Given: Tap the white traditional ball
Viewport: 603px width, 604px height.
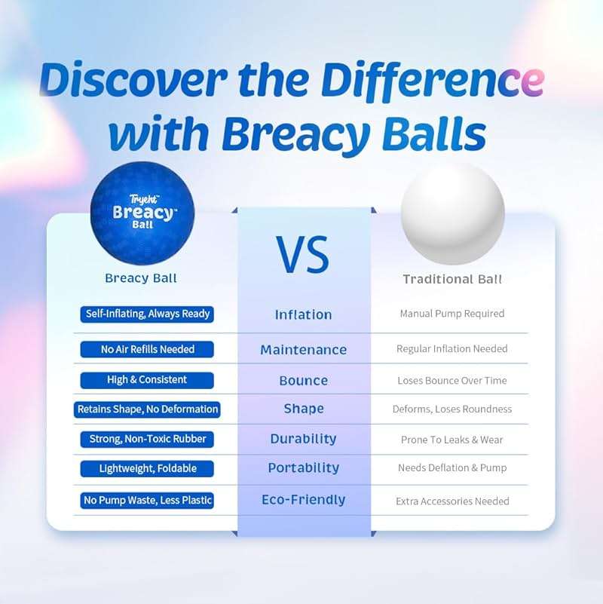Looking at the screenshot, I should (x=452, y=213).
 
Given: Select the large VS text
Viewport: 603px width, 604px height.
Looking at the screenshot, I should (x=304, y=254).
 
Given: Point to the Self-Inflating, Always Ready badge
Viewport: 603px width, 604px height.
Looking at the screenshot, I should (x=148, y=314).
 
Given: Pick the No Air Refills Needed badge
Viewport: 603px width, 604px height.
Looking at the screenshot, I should (x=148, y=349).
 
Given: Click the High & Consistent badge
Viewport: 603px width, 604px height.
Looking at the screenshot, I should (x=148, y=379).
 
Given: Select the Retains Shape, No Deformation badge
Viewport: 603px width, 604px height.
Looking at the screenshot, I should (x=148, y=409).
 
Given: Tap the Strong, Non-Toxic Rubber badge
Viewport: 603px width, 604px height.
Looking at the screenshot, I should (x=148, y=439).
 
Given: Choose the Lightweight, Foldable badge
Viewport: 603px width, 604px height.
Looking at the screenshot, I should (x=148, y=468).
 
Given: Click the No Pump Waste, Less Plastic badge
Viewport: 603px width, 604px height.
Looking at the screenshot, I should (x=148, y=500).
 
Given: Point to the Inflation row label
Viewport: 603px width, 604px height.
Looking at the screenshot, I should (x=303, y=314).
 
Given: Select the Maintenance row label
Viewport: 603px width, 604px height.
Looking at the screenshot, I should (x=303, y=350).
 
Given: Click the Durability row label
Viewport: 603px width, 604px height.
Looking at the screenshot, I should (x=303, y=439).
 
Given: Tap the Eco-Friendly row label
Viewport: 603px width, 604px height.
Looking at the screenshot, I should (x=303, y=499).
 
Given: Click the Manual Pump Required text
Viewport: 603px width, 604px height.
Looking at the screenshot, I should (x=452, y=314).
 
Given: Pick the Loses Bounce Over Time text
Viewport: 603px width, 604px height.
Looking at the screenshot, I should (x=452, y=380).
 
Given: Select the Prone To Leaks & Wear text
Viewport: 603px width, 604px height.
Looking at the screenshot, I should (x=452, y=440).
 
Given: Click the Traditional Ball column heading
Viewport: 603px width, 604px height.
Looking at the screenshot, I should (x=452, y=279).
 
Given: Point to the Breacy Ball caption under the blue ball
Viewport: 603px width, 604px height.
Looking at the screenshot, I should (x=141, y=278).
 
